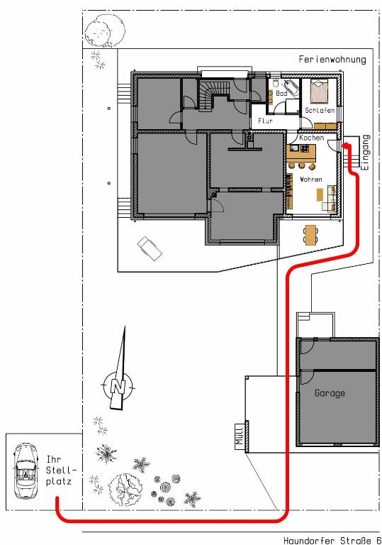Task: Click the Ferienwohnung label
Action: pyautogui.click(x=332, y=59)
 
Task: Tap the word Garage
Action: pyautogui.click(x=330, y=393)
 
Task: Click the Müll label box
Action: pyautogui.click(x=240, y=436)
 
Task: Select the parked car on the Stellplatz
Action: pyautogui.click(x=25, y=471)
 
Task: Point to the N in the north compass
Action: pyautogui.click(x=118, y=386)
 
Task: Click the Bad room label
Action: pyautogui.click(x=281, y=93)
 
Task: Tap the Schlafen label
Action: pyautogui.click(x=320, y=111)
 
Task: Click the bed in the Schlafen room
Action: pyautogui.click(x=319, y=92)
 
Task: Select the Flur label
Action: pyautogui.click(x=265, y=121)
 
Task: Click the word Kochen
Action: pyautogui.click(x=312, y=138)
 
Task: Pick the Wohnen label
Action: pyautogui.click(x=311, y=180)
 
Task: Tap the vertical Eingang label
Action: pyautogui.click(x=365, y=153)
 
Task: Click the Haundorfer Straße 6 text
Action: pyautogui.click(x=332, y=540)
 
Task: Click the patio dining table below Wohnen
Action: pyautogui.click(x=310, y=235)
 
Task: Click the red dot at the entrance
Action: pyautogui.click(x=346, y=145)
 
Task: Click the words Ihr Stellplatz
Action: pyautogui.click(x=60, y=470)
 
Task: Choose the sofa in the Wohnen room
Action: pyautogui.click(x=331, y=199)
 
